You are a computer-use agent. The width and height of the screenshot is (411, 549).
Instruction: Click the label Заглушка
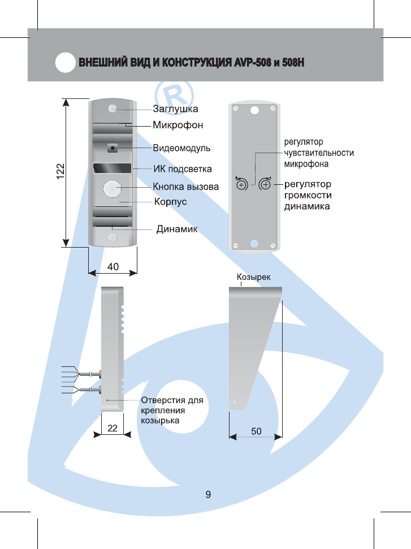[176, 108]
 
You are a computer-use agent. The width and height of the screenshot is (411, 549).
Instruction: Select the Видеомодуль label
[182, 148]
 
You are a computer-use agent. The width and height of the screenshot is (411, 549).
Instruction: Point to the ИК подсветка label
[183, 168]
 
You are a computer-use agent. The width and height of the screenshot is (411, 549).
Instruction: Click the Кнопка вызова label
[185, 186]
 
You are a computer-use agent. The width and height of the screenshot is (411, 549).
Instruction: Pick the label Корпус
[171, 201]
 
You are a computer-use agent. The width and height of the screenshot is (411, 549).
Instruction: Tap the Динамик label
[176, 229]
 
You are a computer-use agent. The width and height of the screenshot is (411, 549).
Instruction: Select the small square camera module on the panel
[113, 148]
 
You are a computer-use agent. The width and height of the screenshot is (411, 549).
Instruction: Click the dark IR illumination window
[113, 168]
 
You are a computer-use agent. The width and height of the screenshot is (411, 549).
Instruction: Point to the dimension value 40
[113, 266]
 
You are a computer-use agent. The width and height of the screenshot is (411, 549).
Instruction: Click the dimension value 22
[113, 429]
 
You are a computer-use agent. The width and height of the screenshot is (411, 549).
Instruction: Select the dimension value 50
[256, 431]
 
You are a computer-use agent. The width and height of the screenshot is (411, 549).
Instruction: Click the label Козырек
[253, 277]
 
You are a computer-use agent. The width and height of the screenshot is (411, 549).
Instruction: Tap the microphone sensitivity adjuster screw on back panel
[241, 184]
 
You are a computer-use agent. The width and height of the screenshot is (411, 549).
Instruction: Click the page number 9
[208, 495]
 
